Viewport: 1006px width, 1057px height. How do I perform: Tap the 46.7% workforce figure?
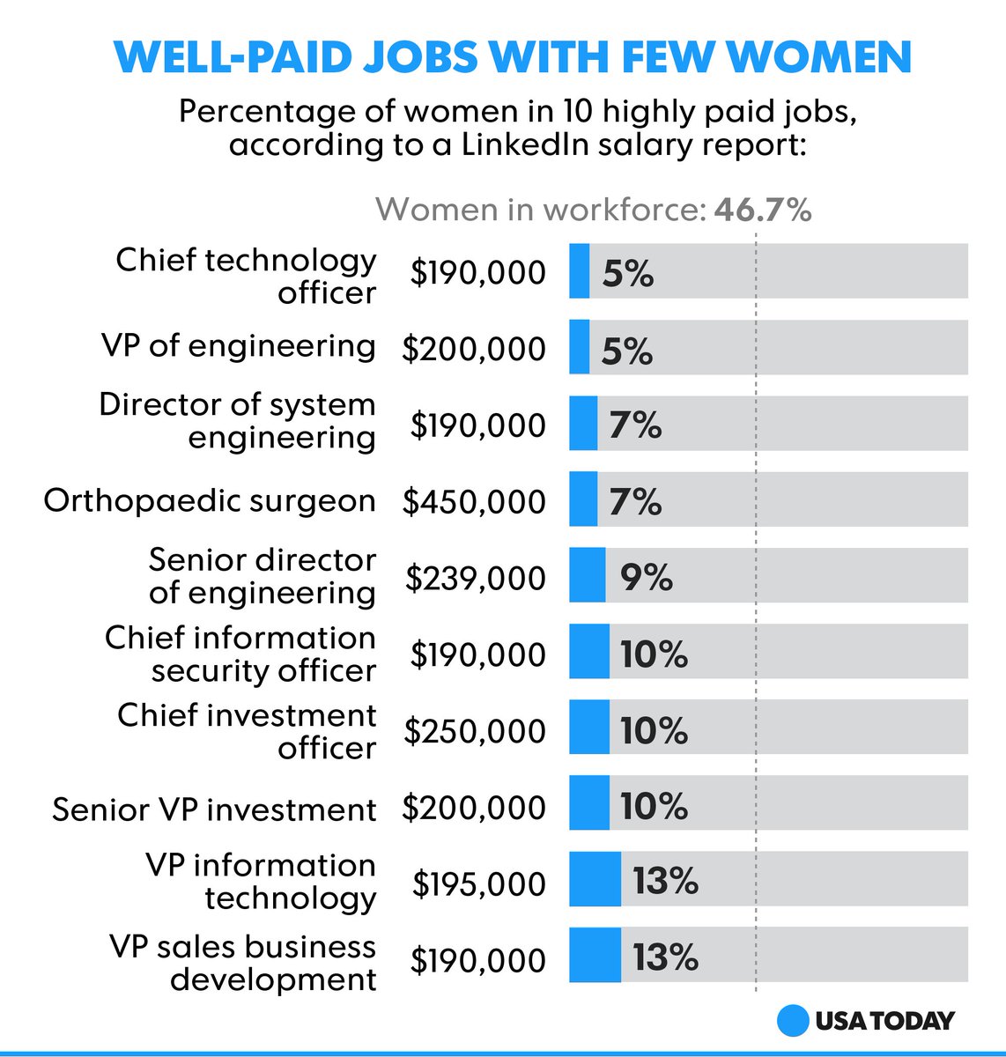(762, 210)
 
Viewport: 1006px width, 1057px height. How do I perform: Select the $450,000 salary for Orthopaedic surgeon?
(474, 501)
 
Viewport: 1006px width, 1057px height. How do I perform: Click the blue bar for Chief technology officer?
(579, 271)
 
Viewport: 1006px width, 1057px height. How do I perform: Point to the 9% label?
(646, 578)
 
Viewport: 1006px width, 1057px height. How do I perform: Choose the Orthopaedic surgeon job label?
(210, 500)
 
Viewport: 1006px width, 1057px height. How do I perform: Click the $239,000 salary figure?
(476, 578)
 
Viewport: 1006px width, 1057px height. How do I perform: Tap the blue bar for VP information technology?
(595, 879)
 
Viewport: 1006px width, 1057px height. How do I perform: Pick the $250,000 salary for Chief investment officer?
(475, 731)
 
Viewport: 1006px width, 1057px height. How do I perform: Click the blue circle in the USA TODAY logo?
(793, 1021)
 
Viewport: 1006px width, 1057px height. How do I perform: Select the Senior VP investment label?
(214, 809)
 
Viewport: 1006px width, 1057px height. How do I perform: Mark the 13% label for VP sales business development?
(665, 957)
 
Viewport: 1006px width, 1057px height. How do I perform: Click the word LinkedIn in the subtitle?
(524, 144)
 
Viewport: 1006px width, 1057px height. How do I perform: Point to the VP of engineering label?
(239, 346)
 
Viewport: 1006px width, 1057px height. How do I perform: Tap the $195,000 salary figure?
(478, 883)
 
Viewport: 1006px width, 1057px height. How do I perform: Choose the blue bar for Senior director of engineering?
(588, 575)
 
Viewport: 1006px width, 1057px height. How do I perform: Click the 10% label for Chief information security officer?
(654, 654)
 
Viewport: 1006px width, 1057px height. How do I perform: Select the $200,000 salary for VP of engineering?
(474, 349)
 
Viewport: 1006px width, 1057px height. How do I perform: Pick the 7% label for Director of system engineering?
(635, 425)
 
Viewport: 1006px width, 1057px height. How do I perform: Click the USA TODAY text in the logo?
(884, 1021)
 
